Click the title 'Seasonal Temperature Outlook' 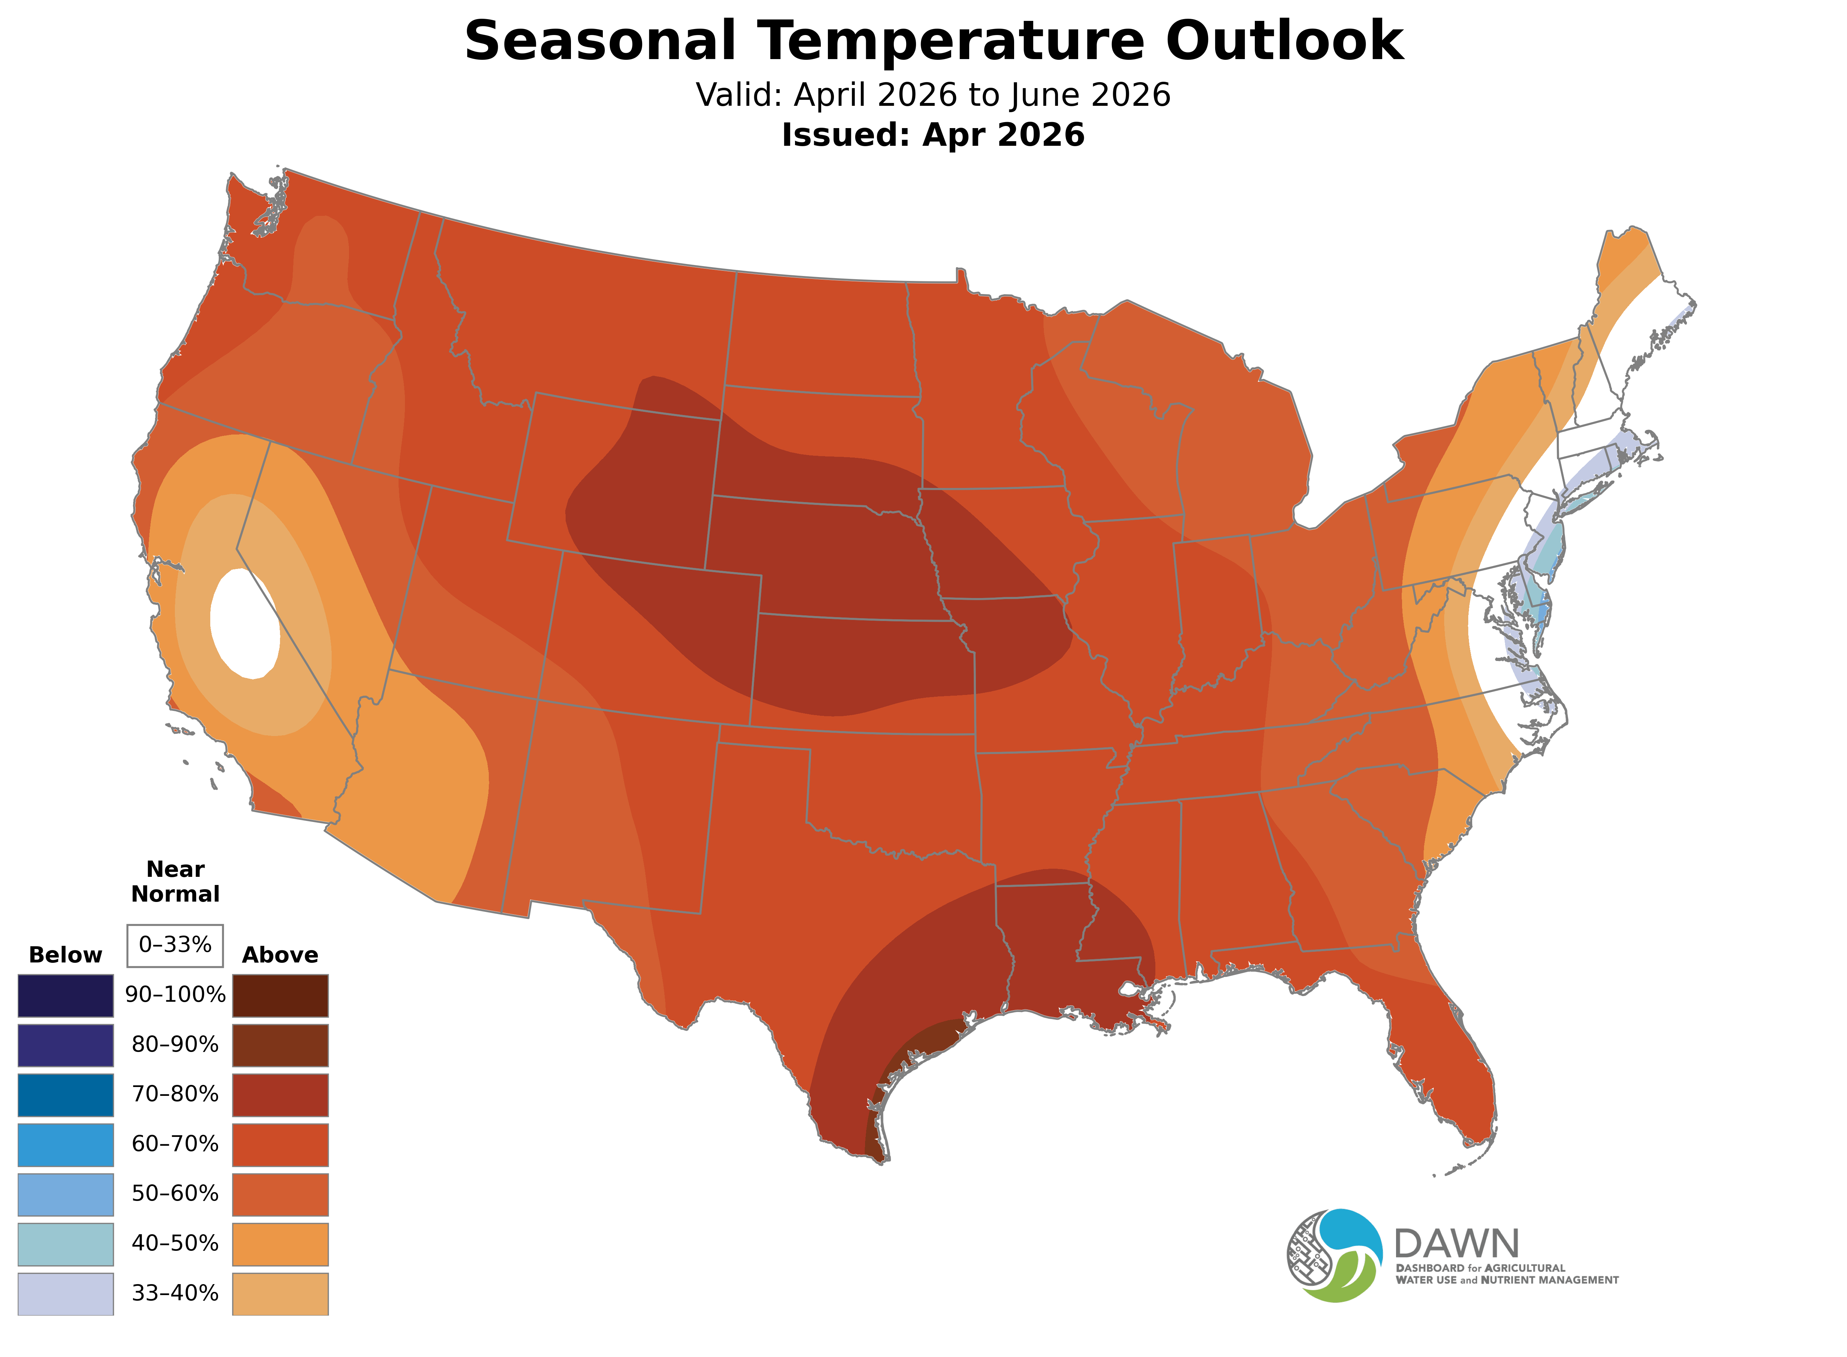(x=933, y=41)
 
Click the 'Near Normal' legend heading (x=175, y=881)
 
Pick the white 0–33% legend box (x=175, y=945)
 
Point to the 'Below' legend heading (x=65, y=955)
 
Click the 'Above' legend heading (x=280, y=955)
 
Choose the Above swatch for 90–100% (x=280, y=996)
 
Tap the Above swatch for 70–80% (x=280, y=1095)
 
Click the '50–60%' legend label (x=175, y=1194)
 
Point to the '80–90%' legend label (x=175, y=1045)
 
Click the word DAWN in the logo (x=1457, y=1244)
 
